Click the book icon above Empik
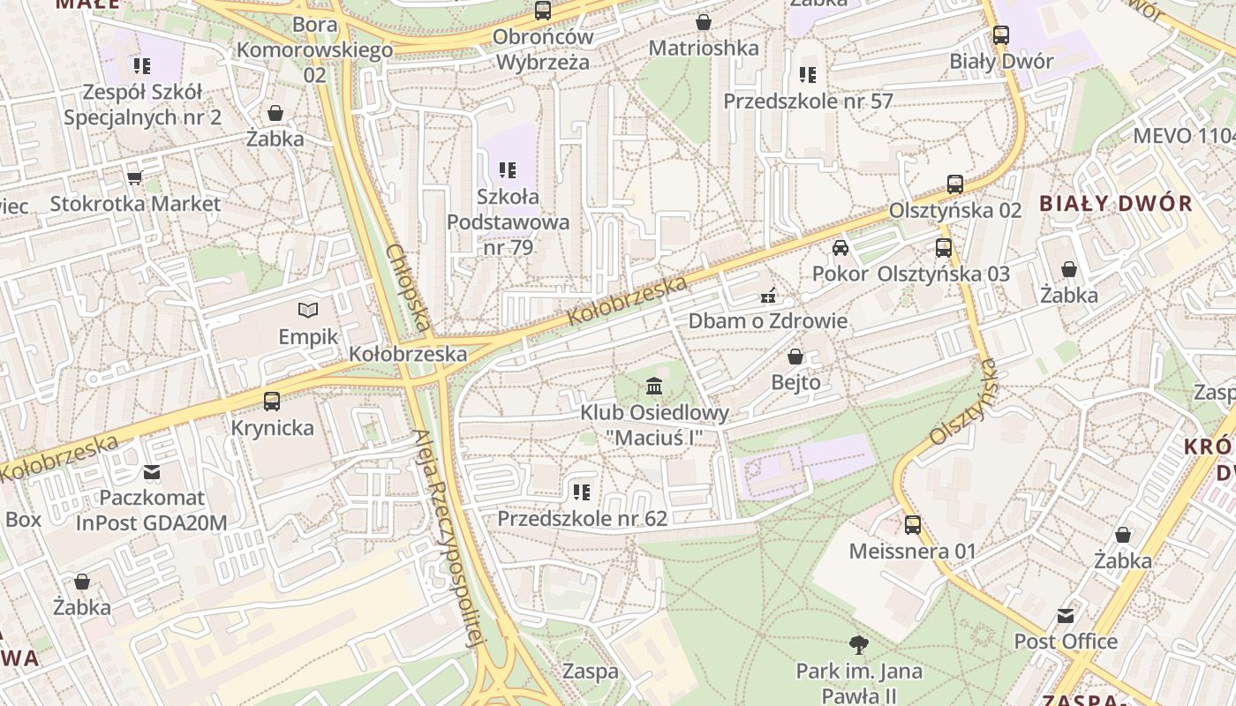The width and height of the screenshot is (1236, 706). (x=307, y=310)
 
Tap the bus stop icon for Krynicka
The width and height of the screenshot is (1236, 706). (x=272, y=401)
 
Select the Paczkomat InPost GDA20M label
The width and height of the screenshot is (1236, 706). (x=151, y=511)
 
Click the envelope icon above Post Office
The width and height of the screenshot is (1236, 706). (x=1066, y=615)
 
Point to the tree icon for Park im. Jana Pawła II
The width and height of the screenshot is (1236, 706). (x=858, y=644)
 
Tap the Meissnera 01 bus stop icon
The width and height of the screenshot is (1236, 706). (x=913, y=525)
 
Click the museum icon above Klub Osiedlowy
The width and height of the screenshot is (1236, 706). (x=654, y=386)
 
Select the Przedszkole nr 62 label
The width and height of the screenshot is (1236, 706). (x=582, y=519)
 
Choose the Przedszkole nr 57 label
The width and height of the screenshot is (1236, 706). (x=808, y=101)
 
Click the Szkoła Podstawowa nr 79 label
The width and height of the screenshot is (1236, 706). (x=508, y=222)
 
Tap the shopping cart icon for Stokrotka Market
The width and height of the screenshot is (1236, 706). (x=135, y=177)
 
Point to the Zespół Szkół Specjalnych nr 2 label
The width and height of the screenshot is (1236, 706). (x=142, y=105)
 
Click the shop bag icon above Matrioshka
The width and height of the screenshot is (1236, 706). (x=704, y=22)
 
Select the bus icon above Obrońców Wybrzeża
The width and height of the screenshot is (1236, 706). (x=543, y=11)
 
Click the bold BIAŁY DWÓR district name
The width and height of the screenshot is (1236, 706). (x=1115, y=204)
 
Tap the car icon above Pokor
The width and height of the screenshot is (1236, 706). (x=840, y=247)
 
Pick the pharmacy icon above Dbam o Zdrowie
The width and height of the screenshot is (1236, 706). (x=768, y=295)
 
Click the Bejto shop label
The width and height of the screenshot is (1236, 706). (x=795, y=383)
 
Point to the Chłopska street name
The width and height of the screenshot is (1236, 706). (x=408, y=288)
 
